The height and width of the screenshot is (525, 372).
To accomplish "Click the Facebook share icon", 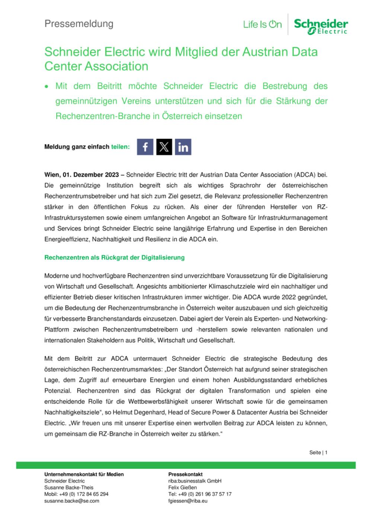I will [145, 147].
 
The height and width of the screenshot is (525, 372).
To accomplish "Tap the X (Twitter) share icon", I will [164, 147].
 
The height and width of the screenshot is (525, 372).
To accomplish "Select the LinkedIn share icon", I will [183, 147].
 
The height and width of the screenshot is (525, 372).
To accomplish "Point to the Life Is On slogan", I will [262, 25].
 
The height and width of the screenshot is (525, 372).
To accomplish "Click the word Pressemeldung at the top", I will [79, 24].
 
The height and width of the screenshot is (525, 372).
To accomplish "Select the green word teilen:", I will [121, 147].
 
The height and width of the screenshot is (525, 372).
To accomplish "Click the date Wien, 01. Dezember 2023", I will [81, 175].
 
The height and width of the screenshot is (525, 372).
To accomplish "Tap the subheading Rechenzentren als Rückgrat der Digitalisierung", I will [114, 257].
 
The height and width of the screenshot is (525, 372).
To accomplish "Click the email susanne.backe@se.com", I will [72, 501].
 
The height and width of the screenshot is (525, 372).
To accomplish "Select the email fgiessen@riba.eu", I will [188, 501].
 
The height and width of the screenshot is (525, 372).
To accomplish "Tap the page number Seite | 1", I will [318, 453].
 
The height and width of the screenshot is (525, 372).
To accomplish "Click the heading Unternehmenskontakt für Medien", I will [84, 474].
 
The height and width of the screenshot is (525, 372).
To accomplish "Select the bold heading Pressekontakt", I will [185, 474].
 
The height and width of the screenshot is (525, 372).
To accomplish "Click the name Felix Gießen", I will [183, 487].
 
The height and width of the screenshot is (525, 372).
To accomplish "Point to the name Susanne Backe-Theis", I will [69, 487].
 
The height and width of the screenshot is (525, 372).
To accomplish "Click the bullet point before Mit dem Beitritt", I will [46, 87].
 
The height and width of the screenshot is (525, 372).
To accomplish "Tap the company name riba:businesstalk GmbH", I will [195, 481].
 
